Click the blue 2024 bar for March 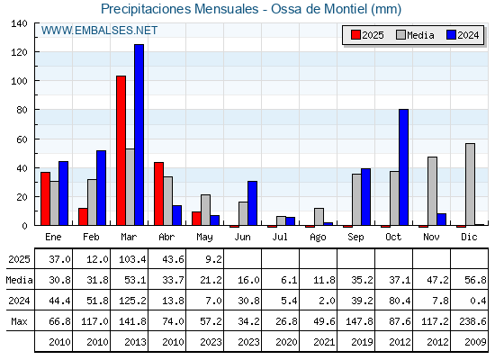139,135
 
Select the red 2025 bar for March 121,150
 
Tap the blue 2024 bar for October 404,167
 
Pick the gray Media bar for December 470,184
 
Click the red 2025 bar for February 83,217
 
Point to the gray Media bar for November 432,191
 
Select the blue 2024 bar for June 252,203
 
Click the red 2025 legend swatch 355,35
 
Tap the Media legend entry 415,35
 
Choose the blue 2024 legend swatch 451,35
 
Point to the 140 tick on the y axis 19,23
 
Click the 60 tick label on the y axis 22,139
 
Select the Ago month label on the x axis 318,238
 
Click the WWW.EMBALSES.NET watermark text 99,31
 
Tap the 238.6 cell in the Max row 472,321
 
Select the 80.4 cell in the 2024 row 400,301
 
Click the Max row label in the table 19,321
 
